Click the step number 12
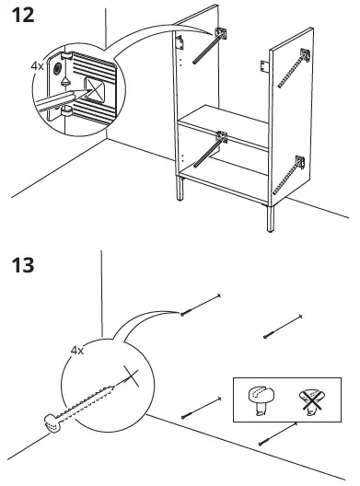25,16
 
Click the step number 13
25,266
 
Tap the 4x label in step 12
36,66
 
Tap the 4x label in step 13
76,351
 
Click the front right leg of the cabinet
271,218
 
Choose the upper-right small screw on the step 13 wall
283,325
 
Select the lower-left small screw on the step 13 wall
202,407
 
